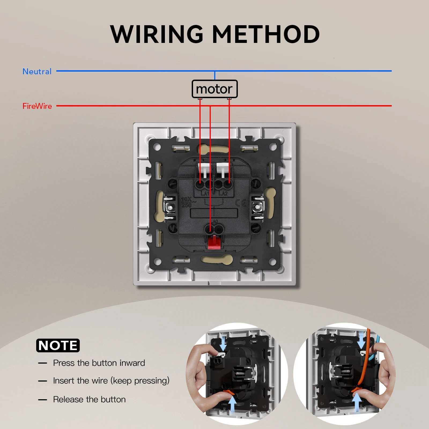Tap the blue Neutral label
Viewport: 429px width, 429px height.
(x=37, y=72)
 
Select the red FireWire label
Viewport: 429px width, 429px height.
(x=37, y=106)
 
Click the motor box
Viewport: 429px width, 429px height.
(x=214, y=89)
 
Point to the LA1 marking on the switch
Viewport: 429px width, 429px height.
(x=205, y=193)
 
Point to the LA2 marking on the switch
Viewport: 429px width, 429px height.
(x=223, y=193)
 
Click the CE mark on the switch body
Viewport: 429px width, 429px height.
(x=240, y=203)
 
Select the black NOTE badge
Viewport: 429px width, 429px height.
(x=58, y=345)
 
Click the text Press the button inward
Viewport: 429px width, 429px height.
(x=99, y=363)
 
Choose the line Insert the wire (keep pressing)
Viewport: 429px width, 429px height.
(x=111, y=381)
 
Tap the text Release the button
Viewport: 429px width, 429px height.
(x=89, y=400)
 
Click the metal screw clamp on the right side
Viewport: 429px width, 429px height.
(x=258, y=207)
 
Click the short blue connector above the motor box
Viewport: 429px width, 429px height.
(x=215, y=76)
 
